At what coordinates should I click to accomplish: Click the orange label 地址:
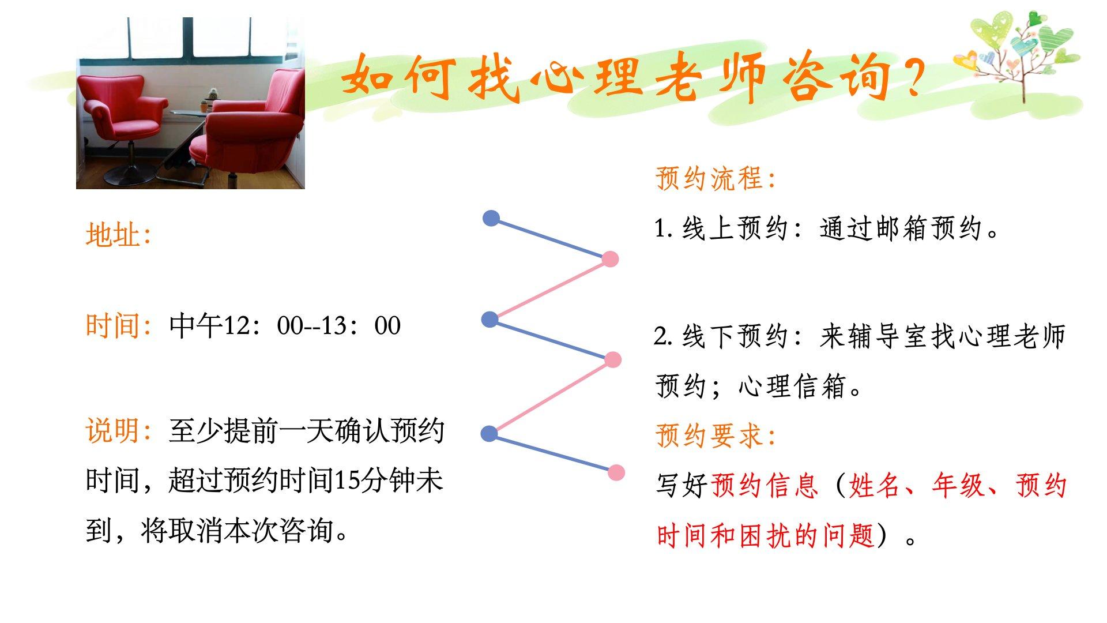[x=118, y=235]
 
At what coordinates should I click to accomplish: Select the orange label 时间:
[x=118, y=325]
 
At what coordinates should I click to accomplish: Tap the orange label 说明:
[x=118, y=430]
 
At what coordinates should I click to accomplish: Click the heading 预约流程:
[x=715, y=178]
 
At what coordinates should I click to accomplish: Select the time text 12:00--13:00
[x=312, y=326]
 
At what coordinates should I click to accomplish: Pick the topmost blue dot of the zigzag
[x=491, y=218]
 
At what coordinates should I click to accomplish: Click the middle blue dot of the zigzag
[x=490, y=319]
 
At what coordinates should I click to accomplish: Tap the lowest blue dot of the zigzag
[x=489, y=434]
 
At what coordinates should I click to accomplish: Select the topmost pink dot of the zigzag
[x=610, y=259]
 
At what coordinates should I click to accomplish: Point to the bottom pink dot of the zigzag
[x=616, y=472]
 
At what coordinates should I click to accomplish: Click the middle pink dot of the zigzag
[x=613, y=360]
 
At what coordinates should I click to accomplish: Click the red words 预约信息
[x=765, y=486]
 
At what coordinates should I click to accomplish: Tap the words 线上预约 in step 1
[x=735, y=228]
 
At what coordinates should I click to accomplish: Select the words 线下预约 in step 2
[x=735, y=336]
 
